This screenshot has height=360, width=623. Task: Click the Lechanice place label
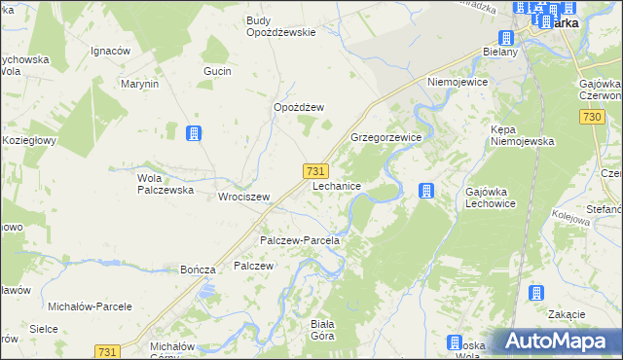point(337,185)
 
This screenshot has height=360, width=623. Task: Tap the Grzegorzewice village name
point(385,138)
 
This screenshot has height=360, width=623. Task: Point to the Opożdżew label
point(298,108)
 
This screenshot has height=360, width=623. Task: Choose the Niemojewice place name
point(456,83)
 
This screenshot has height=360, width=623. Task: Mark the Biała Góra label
point(322,330)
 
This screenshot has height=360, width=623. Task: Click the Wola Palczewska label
point(165,185)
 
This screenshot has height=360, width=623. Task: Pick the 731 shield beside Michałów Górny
point(108,350)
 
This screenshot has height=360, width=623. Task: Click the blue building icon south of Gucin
point(194,133)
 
